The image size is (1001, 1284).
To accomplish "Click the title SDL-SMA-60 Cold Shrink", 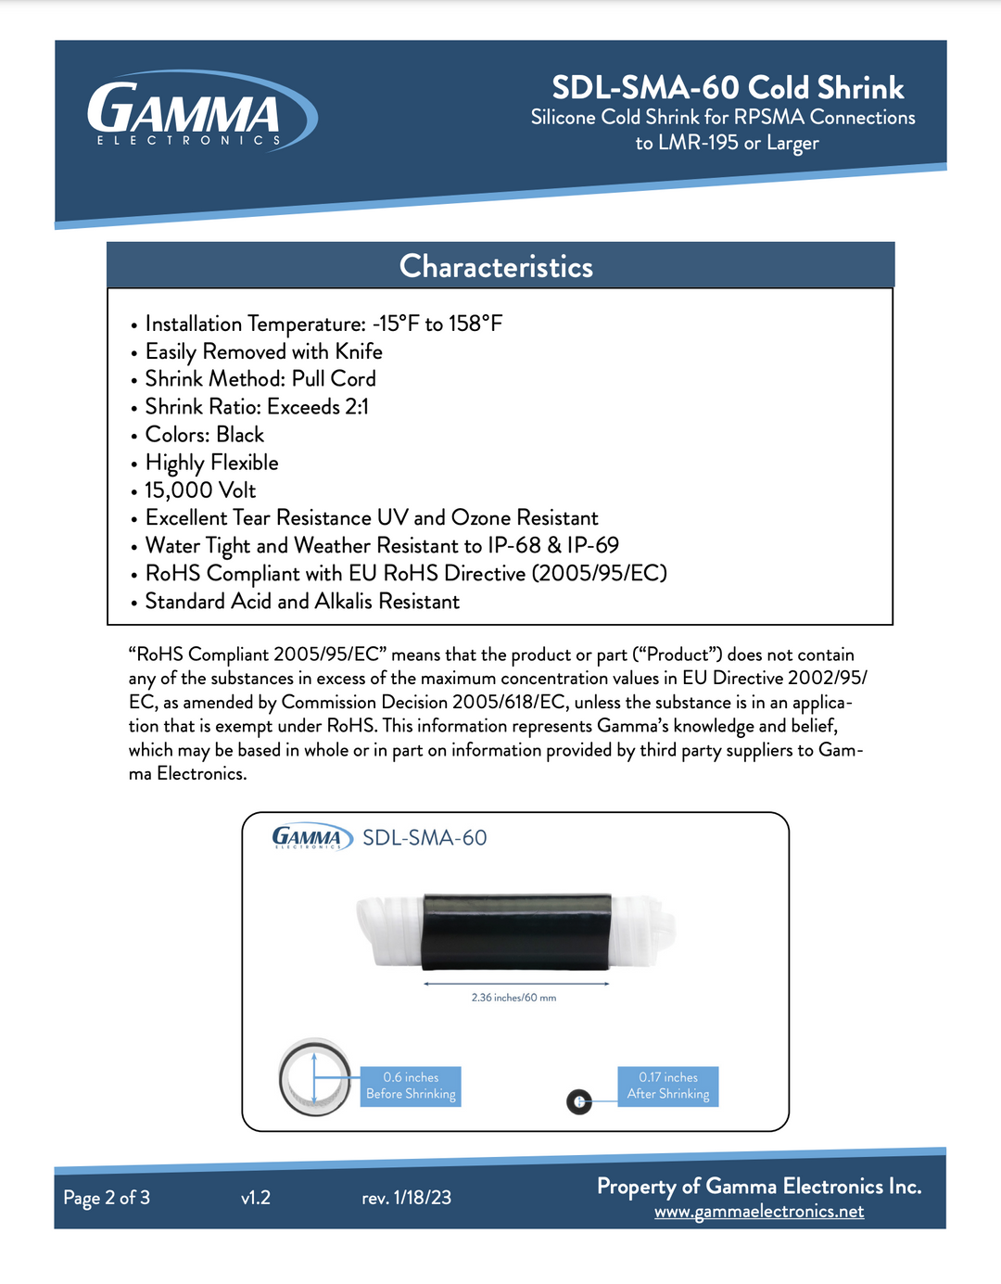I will point(728,88).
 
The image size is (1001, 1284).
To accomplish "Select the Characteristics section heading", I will point(496,267).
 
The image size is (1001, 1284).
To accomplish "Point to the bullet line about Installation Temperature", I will point(323,324).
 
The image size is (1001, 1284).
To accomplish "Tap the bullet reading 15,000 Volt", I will point(200,490).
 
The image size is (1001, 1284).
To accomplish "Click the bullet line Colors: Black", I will point(205,435).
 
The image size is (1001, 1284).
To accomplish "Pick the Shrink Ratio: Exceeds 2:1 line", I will point(257,407).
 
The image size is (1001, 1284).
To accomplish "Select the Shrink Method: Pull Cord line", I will point(260,379).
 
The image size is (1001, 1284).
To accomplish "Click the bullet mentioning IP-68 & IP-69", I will point(382,546).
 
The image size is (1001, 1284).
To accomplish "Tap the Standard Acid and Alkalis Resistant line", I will point(302,602).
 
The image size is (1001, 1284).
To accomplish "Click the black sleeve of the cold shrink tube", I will point(515,932).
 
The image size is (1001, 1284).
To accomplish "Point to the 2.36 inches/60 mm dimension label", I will point(513,998).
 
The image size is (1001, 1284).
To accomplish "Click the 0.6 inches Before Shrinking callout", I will point(411,1086).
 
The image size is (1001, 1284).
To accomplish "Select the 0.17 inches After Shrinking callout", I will point(668,1086).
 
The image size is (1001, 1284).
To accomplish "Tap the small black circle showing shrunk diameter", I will point(579,1101).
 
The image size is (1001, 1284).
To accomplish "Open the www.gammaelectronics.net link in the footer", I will point(759,1212).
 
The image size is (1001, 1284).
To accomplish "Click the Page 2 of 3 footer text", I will point(107,1198).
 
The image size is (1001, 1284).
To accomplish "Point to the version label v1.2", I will point(256,1198).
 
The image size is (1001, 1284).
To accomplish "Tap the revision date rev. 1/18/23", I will point(407,1198).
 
